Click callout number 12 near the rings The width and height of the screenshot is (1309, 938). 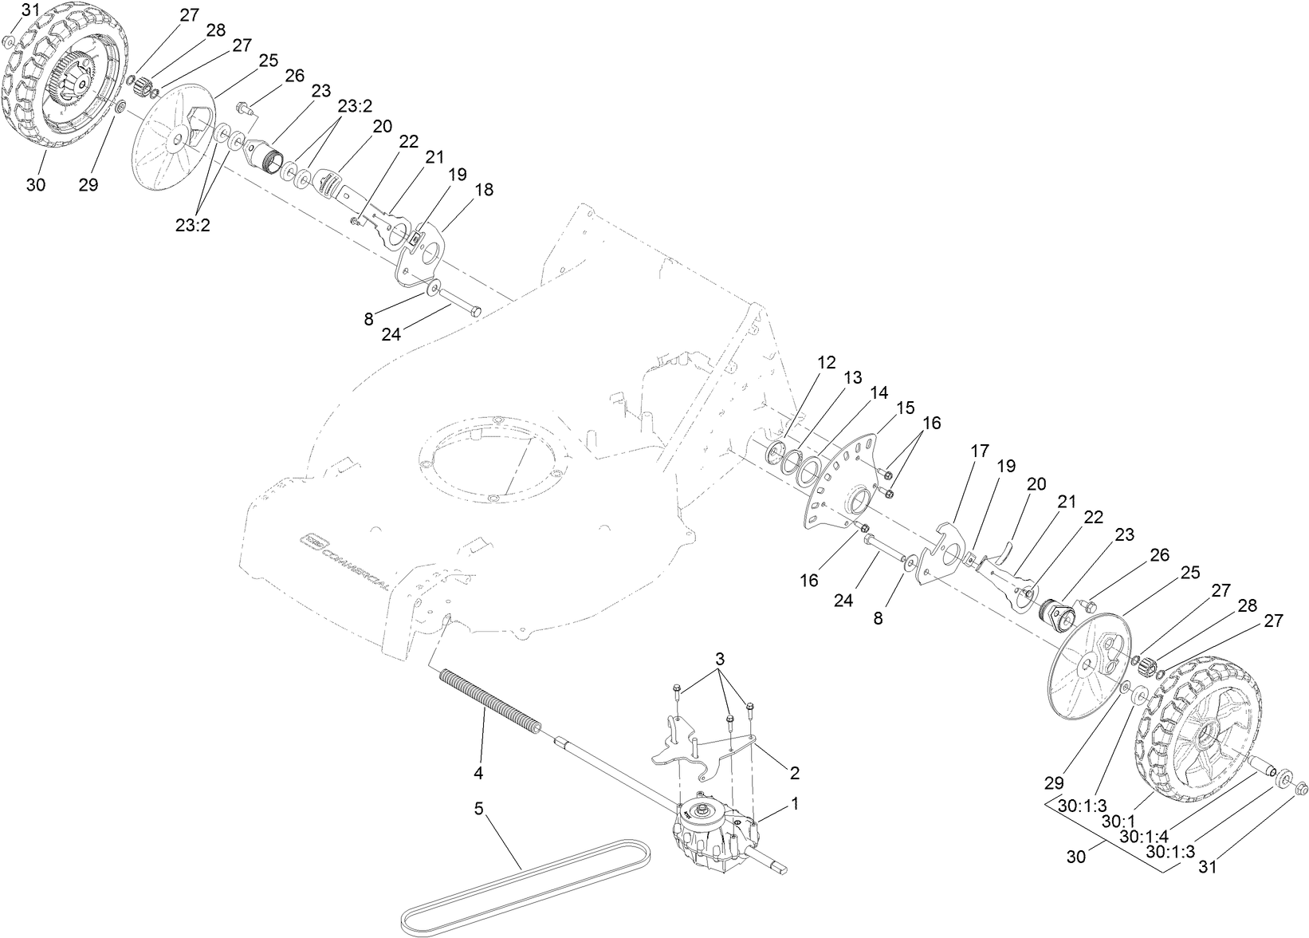click(827, 362)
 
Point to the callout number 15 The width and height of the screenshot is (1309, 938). click(905, 408)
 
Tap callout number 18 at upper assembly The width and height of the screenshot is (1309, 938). click(483, 190)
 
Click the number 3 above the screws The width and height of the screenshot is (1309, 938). click(720, 660)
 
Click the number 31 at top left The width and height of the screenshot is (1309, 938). click(29, 10)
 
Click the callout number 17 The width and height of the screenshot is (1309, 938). click(979, 451)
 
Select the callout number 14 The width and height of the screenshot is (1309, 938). click(879, 393)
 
